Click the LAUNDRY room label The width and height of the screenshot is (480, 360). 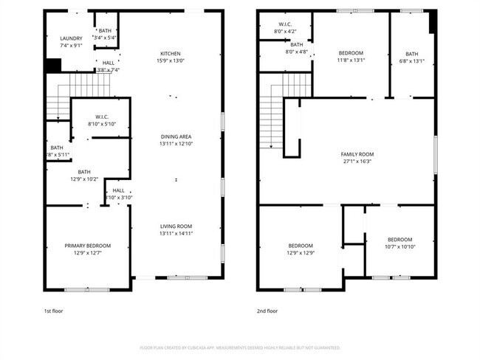click(72, 38)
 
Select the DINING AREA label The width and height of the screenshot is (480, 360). click(176, 136)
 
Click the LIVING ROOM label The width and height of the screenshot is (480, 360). click(176, 226)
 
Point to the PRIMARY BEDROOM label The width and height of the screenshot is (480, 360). click(87, 245)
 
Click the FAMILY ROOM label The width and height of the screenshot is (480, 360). click(355, 154)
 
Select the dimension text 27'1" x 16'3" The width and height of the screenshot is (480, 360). click(355, 161)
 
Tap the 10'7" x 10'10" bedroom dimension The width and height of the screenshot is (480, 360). click(400, 246)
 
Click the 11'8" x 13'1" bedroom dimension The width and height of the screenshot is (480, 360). click(352, 60)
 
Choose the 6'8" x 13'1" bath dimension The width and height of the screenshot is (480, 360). click(411, 60)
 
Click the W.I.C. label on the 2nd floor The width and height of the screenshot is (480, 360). click(286, 25)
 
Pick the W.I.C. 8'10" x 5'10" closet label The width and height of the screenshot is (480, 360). click(102, 123)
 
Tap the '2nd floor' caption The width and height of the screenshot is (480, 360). click(267, 311)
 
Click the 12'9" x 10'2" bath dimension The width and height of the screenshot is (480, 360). click(84, 179)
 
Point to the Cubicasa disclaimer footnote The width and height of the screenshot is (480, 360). click(240, 347)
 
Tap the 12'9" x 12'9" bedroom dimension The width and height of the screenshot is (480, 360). click(301, 252)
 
